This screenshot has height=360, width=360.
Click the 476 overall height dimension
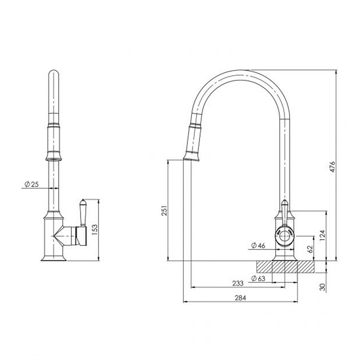(x=333, y=167)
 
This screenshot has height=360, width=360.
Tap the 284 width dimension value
(x=240, y=298)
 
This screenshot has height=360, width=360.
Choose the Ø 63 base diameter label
(x=258, y=279)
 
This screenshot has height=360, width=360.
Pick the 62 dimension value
(x=310, y=249)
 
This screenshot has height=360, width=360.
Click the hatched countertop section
(x=285, y=267)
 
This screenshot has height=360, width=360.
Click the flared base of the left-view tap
(x=53, y=258)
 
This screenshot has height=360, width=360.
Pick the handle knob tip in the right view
(x=285, y=203)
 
